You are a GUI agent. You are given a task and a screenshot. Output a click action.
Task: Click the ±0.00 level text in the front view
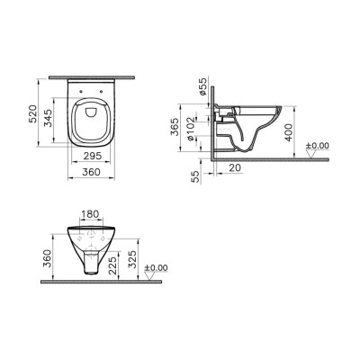tap(157, 268)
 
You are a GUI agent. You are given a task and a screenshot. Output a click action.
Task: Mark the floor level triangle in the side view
tap(311, 155)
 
